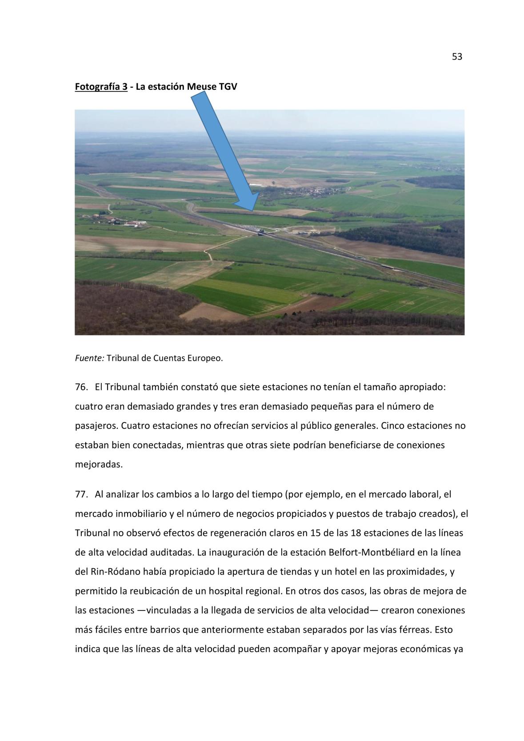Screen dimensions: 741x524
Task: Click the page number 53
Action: point(457,57)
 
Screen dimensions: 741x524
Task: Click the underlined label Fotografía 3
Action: point(101,86)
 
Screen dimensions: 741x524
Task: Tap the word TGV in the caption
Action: point(228,86)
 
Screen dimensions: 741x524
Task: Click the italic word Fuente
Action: point(89,358)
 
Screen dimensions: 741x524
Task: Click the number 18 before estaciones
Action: point(356,533)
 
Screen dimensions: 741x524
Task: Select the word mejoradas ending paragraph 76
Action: point(97,465)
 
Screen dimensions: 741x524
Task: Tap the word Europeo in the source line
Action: point(205,358)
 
